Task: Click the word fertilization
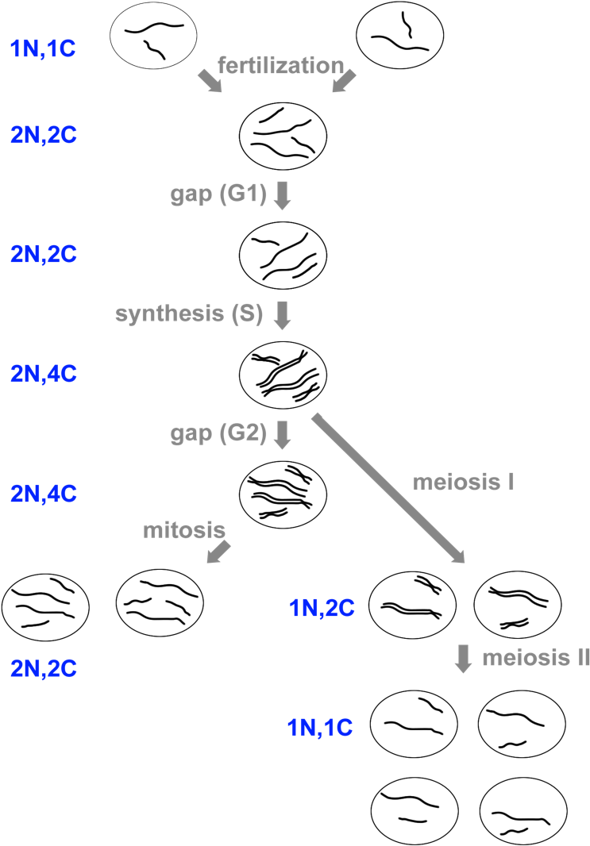point(281,65)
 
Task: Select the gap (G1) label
point(217,194)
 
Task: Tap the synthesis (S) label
point(188,313)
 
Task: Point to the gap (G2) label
point(217,433)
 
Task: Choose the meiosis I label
point(465,482)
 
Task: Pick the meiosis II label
point(534,658)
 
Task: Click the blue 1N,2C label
point(321,609)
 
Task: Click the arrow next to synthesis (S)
point(282,315)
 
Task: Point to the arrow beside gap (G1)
point(282,196)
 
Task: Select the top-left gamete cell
point(152,37)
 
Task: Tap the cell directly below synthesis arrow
point(283,373)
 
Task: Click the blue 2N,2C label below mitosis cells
point(44,668)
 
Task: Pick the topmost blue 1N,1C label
point(44,49)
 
